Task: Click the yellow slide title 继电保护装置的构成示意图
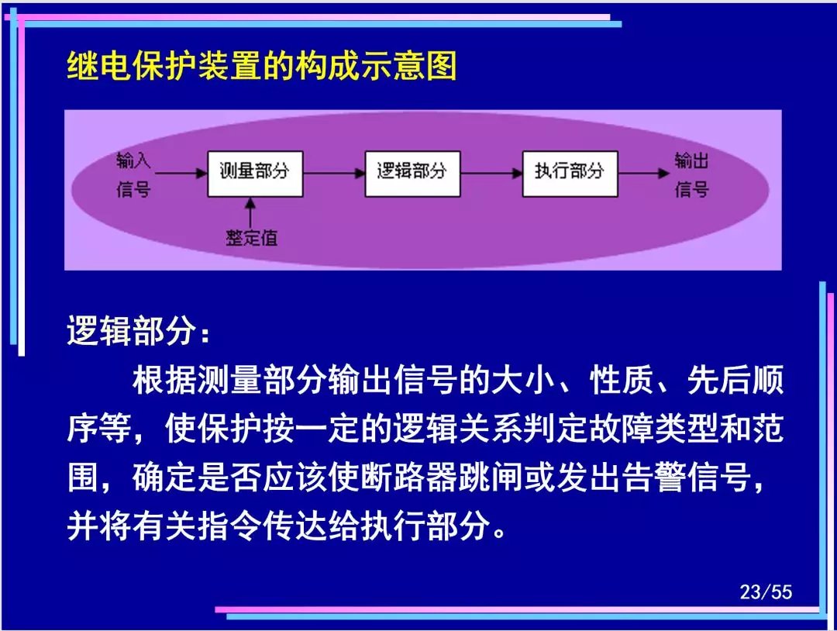(262, 66)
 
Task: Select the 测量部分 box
(255, 174)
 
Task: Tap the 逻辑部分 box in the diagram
(412, 174)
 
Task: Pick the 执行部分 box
(570, 174)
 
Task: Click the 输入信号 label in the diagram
(133, 174)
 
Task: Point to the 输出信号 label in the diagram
(692, 174)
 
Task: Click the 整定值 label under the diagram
(251, 237)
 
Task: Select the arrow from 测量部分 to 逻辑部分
(334, 173)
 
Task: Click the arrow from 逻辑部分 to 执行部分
(491, 173)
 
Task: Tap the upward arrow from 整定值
(250, 212)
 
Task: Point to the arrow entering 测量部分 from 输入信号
(181, 173)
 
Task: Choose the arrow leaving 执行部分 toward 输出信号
(644, 173)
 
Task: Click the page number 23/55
(766, 591)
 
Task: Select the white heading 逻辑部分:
(139, 331)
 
